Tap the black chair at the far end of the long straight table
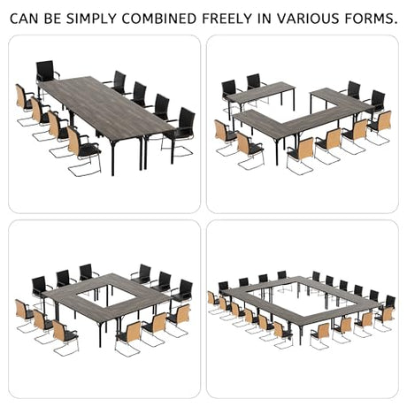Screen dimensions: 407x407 pos(46,73)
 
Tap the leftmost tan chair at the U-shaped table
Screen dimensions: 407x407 pos(224,134)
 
